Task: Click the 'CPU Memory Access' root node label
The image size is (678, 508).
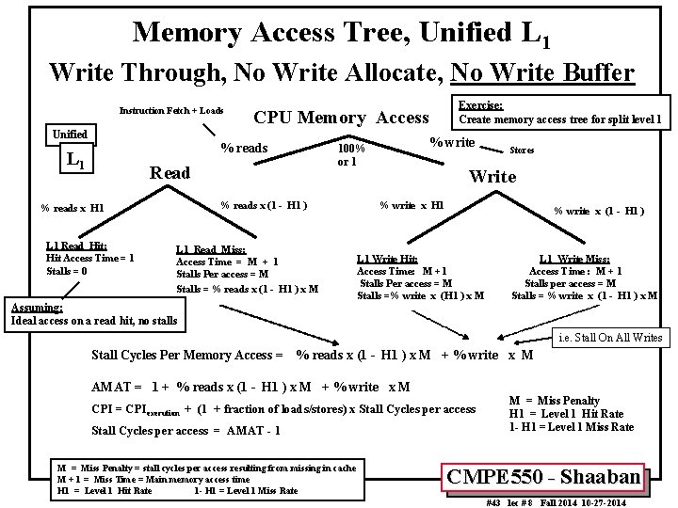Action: pyautogui.click(x=341, y=118)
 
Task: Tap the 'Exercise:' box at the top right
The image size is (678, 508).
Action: pyautogui.click(x=559, y=113)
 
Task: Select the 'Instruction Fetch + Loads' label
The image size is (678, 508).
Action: pyautogui.click(x=170, y=111)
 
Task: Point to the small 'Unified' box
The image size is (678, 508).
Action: pyautogui.click(x=70, y=135)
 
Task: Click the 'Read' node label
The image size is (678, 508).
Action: pyautogui.click(x=170, y=173)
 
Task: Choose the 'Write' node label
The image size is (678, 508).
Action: pyautogui.click(x=492, y=177)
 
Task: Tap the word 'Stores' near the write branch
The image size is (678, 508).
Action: pyautogui.click(x=523, y=150)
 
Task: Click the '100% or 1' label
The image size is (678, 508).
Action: pyautogui.click(x=351, y=155)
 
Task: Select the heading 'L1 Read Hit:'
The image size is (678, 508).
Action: pyautogui.click(x=76, y=246)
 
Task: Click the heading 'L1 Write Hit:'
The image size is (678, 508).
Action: pyautogui.click(x=387, y=259)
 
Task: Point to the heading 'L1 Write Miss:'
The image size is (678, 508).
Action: pyautogui.click(x=574, y=259)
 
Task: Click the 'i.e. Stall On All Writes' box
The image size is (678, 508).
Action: pyautogui.click(x=609, y=338)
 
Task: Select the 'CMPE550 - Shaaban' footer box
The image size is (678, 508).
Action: pyautogui.click(x=545, y=477)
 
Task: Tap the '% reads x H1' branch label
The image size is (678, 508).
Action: pyautogui.click(x=73, y=208)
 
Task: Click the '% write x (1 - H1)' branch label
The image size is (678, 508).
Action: pyautogui.click(x=599, y=211)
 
